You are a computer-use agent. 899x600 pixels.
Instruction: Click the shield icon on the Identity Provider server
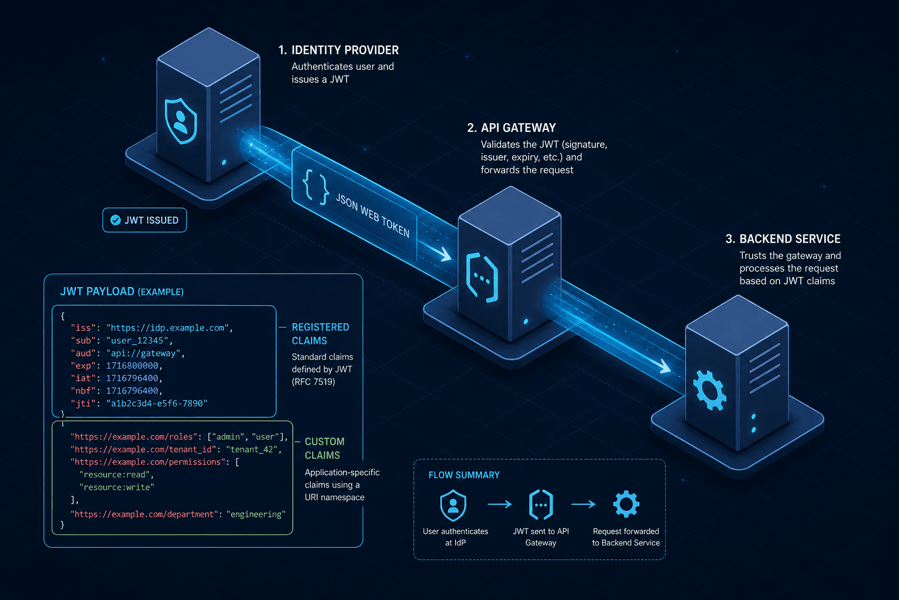click(x=181, y=121)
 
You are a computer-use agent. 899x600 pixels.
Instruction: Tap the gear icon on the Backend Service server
click(x=709, y=390)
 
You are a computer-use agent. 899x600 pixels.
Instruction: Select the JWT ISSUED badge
click(x=145, y=220)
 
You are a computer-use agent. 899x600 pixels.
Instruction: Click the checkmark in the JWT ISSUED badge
click(x=115, y=220)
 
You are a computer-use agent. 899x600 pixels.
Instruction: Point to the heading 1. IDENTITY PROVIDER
click(x=339, y=50)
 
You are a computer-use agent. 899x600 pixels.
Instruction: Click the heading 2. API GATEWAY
click(x=512, y=128)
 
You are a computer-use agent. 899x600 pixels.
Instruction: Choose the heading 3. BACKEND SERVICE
click(x=783, y=238)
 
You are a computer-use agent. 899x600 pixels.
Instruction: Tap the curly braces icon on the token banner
click(x=315, y=187)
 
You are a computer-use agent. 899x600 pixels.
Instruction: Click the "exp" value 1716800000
click(x=132, y=366)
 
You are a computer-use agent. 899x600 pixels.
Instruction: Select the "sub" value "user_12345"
click(x=138, y=340)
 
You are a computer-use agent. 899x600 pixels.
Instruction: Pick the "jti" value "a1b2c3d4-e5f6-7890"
click(x=157, y=403)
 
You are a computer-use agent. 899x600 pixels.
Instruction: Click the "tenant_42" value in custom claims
click(x=252, y=449)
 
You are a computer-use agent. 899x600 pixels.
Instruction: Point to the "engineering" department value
click(x=256, y=514)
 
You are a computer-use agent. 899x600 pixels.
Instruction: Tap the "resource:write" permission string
click(x=117, y=487)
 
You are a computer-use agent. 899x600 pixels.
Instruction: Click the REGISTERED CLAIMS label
click(x=320, y=333)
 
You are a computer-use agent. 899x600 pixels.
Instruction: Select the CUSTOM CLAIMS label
click(x=324, y=448)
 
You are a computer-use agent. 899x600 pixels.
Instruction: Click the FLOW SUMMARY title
click(x=464, y=475)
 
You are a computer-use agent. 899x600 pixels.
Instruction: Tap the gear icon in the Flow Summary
click(x=626, y=504)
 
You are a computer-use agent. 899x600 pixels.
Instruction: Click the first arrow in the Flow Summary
click(x=500, y=504)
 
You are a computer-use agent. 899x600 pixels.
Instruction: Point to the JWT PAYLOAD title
click(x=122, y=291)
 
